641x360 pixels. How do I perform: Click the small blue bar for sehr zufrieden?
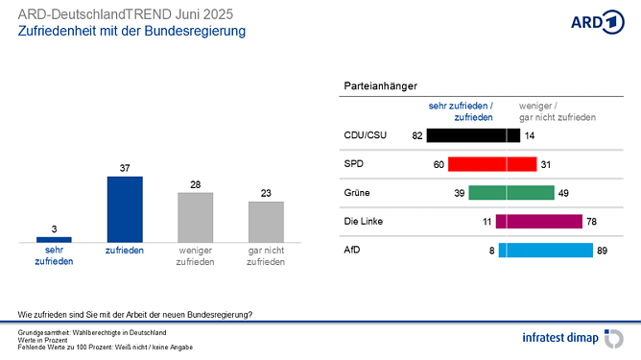[54, 238]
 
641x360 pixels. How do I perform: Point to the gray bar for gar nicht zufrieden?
[266, 220]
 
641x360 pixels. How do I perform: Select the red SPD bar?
[492, 164]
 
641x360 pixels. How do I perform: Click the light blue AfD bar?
[545, 251]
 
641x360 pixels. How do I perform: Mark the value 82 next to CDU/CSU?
[417, 135]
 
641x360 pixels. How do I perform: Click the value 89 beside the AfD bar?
[603, 251]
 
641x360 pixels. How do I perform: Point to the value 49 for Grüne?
[564, 193]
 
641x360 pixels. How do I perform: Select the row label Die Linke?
[365, 222]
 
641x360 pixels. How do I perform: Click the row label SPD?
[353, 164]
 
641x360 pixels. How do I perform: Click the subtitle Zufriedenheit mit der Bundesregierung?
[131, 32]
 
